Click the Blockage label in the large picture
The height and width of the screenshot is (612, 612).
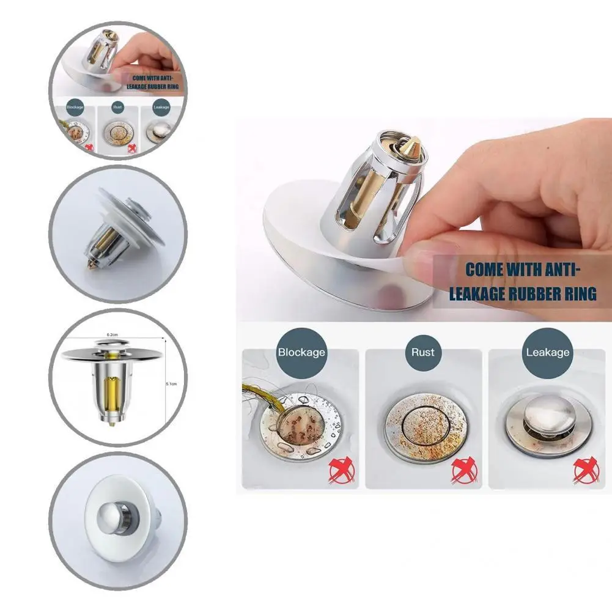301,352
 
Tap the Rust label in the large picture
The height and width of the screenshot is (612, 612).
422,352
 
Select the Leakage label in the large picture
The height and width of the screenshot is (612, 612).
548,352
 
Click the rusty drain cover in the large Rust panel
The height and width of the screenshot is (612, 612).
422,425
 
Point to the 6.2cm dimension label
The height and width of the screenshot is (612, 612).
112,334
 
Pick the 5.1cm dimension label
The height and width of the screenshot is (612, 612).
172,383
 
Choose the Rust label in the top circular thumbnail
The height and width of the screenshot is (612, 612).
118,107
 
